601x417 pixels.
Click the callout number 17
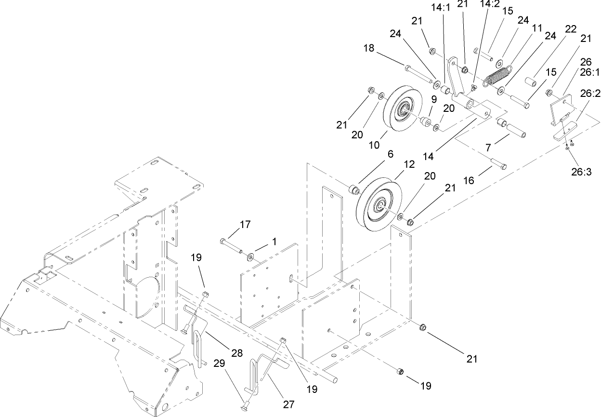click(246, 224)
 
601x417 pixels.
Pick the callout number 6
click(390, 154)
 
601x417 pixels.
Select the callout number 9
click(434, 99)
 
